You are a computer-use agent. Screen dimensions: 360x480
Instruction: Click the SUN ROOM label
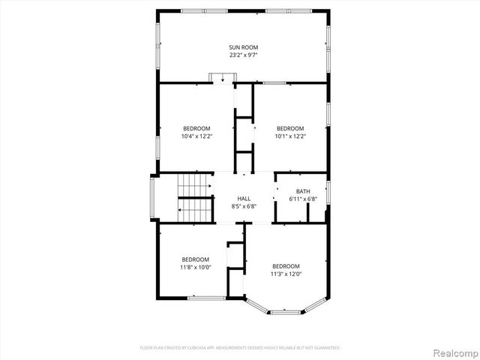pyautogui.click(x=243, y=47)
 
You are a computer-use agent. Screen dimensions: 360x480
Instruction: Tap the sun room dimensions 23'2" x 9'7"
pyautogui.click(x=243, y=55)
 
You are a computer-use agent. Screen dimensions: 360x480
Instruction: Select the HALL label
pyautogui.click(x=244, y=198)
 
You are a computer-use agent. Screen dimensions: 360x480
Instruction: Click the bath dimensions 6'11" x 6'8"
pyautogui.click(x=303, y=199)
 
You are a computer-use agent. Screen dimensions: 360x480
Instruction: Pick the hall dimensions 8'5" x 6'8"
pyautogui.click(x=244, y=205)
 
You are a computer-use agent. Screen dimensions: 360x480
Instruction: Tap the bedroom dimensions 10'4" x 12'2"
pyautogui.click(x=196, y=136)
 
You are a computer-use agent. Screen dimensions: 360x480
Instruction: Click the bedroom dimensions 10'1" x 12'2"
pyautogui.click(x=290, y=136)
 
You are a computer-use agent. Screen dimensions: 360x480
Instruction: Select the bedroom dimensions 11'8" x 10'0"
pyautogui.click(x=195, y=267)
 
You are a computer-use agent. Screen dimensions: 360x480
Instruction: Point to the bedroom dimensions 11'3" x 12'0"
pyautogui.click(x=286, y=274)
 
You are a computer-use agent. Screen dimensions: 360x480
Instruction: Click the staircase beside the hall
pyautogui.click(x=193, y=197)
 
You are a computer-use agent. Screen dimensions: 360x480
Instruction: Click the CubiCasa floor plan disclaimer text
pyautogui.click(x=240, y=348)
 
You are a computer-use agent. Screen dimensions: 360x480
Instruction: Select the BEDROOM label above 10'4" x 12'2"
pyautogui.click(x=196, y=128)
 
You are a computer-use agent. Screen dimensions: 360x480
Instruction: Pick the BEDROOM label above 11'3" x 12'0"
pyautogui.click(x=286, y=266)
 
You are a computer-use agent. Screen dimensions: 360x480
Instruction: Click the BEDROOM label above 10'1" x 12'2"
pyautogui.click(x=290, y=128)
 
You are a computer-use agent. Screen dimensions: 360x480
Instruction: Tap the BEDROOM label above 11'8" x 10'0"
pyautogui.click(x=195, y=259)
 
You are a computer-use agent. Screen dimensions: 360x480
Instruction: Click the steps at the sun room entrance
pyautogui.click(x=222, y=77)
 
